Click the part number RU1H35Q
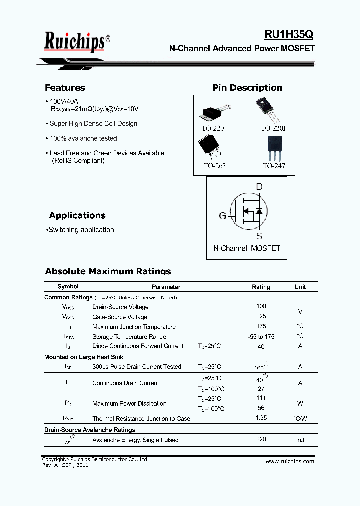point(289,34)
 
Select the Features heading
point(65,88)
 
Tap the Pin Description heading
point(247,88)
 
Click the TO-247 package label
point(274,166)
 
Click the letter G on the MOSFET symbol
point(222,216)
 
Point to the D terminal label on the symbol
point(259,187)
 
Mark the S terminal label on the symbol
point(259,236)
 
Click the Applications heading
point(77,216)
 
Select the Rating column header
point(261,287)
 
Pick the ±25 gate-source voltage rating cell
point(261,316)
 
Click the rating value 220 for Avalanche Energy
point(261,439)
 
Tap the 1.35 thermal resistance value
point(261,418)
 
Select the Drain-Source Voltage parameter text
point(120,307)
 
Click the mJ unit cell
point(300,440)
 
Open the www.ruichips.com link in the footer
point(290,461)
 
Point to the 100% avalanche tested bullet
point(83,138)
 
